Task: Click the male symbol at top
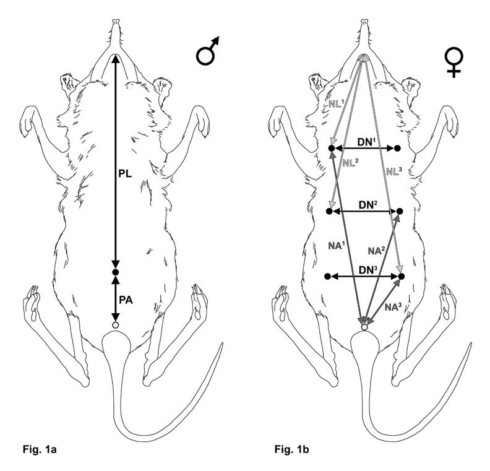coord(208,54)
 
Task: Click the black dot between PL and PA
coord(115,273)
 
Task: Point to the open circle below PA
coord(115,324)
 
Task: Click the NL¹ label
coord(337,104)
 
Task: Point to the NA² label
coord(377,251)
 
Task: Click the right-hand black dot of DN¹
coord(397,149)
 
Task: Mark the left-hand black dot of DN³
coord(329,275)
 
